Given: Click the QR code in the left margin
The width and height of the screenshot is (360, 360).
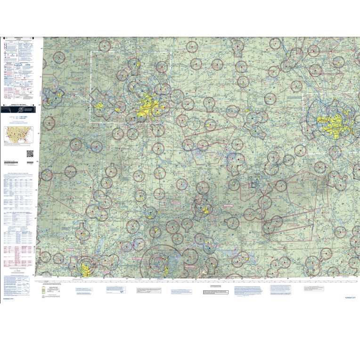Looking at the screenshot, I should point(30,154).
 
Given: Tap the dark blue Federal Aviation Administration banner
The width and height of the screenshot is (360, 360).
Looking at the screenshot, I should point(19,109).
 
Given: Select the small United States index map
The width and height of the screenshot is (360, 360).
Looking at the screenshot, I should point(19,135).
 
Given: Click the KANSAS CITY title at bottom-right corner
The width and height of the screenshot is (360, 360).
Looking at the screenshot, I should point(351,298).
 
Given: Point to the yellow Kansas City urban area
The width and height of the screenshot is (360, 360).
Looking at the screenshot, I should point(147,106).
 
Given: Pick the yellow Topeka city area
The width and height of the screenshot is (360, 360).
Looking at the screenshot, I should point(100,105).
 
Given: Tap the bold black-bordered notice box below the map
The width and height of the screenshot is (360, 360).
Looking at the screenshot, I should point(215,292).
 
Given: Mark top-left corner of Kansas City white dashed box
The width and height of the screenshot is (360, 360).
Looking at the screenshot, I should point(91,51).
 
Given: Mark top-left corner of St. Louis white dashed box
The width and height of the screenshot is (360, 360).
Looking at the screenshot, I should point(306,94).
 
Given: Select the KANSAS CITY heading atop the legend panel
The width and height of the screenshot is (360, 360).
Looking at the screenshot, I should point(19,38).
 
